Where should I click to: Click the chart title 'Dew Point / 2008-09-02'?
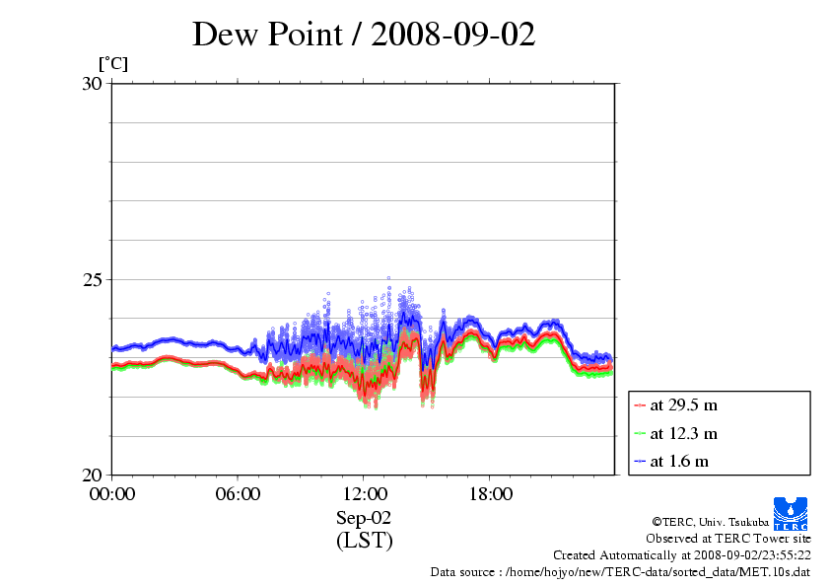coord(364,35)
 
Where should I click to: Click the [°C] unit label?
coord(112,64)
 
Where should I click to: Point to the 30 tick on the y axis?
coord(92,84)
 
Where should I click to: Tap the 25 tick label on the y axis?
coord(92,279)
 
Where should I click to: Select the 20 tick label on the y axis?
coord(92,475)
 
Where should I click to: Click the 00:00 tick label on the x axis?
coord(111,493)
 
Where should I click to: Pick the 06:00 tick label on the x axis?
coord(238,493)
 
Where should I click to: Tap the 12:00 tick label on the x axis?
coord(364,493)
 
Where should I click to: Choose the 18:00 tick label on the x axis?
coord(490,493)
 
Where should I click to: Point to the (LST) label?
coord(364,541)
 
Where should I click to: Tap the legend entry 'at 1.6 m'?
coord(679,461)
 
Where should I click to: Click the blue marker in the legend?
coord(640,461)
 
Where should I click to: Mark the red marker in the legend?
coord(640,404)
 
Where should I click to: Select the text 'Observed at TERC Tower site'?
coord(727,539)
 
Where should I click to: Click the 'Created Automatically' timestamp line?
coord(681,555)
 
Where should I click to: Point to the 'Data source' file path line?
coord(620,572)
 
